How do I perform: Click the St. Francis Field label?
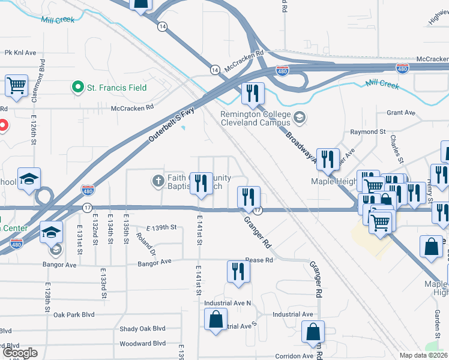pyautogui.click(x=117, y=88)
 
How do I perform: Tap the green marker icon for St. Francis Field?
pyautogui.click(x=77, y=88)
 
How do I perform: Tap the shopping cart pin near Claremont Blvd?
pyautogui.click(x=17, y=85)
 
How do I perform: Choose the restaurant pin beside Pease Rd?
pyautogui.click(x=238, y=271)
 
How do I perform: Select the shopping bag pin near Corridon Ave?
pyautogui.click(x=313, y=333)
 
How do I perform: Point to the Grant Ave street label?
pyautogui.click(x=401, y=112)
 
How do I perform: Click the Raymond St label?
pyautogui.click(x=368, y=131)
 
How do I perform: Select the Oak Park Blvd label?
pyautogui.click(x=74, y=314)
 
